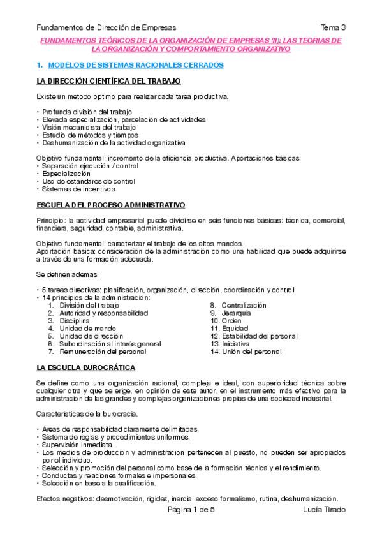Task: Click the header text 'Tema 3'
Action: click(x=334, y=27)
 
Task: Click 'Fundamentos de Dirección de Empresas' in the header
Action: click(x=107, y=27)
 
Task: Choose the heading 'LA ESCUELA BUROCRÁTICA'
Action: click(x=85, y=367)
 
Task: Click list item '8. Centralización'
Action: click(x=239, y=306)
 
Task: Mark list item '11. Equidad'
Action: click(x=231, y=329)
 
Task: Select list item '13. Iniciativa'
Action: click(x=233, y=344)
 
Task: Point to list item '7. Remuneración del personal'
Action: click(x=102, y=352)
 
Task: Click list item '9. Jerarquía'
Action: click(x=233, y=313)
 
